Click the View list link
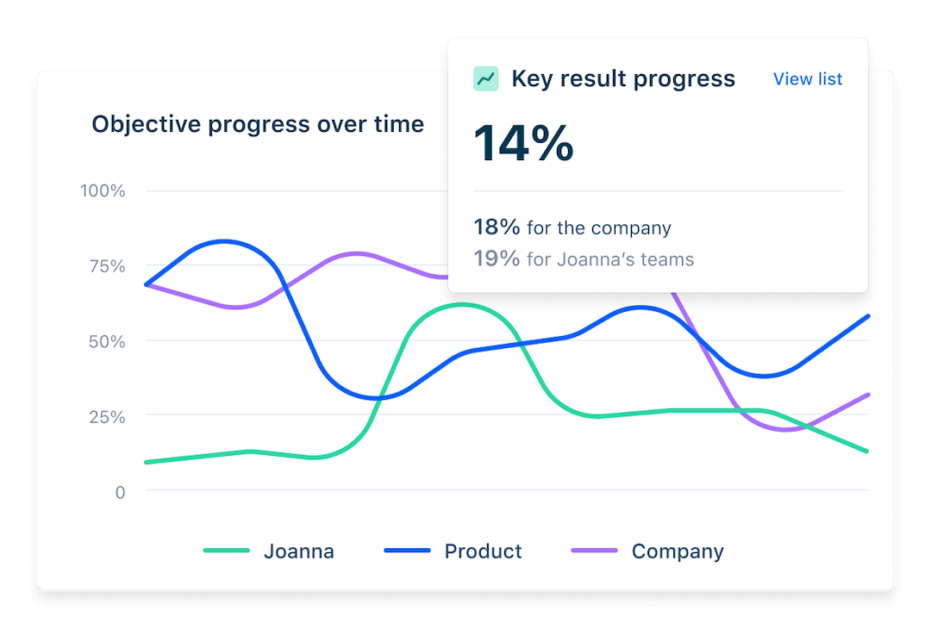[808, 79]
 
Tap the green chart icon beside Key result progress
[486, 79]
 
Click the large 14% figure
[523, 143]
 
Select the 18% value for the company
[497, 227]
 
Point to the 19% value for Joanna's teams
[497, 258]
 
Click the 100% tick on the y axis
[103, 190]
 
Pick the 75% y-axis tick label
[106, 265]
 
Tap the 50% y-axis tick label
[106, 341]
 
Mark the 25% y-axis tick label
[106, 416]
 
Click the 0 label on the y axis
[120, 492]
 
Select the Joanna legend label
[298, 551]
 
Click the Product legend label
[483, 551]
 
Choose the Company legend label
[678, 551]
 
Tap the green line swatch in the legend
[227, 551]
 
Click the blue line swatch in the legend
[408, 551]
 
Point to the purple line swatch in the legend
[595, 551]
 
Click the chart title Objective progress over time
[258, 124]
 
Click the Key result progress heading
[623, 79]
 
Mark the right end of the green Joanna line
[866, 451]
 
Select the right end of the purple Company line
[866, 395]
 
